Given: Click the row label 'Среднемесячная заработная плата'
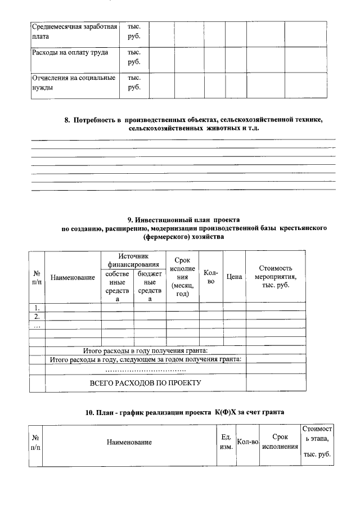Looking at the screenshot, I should point(74,31).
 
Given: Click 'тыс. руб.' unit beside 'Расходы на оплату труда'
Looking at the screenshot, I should point(134,57).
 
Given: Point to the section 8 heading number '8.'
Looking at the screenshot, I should point(67,120).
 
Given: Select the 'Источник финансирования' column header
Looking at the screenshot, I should point(133,260).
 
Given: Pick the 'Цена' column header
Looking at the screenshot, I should point(234,277).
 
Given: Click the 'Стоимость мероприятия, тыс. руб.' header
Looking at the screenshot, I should point(276,277).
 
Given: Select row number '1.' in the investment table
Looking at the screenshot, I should point(37,307).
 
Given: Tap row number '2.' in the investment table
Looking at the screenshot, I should point(37,316).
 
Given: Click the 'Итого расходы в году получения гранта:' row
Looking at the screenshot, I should point(145,350).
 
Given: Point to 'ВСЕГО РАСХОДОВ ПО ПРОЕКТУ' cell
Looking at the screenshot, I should point(145,382).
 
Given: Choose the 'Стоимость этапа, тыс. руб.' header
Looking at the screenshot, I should point(317,442).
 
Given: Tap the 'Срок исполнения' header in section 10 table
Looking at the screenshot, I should point(280,442).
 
